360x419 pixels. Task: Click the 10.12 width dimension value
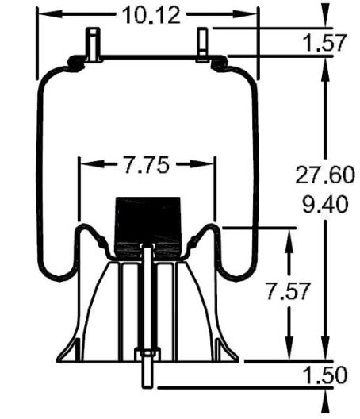[147, 13]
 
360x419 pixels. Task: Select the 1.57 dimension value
[324, 42]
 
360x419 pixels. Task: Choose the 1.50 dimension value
[325, 375]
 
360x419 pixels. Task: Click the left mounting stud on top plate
[93, 43]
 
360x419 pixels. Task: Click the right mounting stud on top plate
[203, 44]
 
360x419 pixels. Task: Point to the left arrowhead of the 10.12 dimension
[44, 13]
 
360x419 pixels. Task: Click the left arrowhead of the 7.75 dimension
[85, 165]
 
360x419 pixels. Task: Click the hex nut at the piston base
[147, 356]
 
